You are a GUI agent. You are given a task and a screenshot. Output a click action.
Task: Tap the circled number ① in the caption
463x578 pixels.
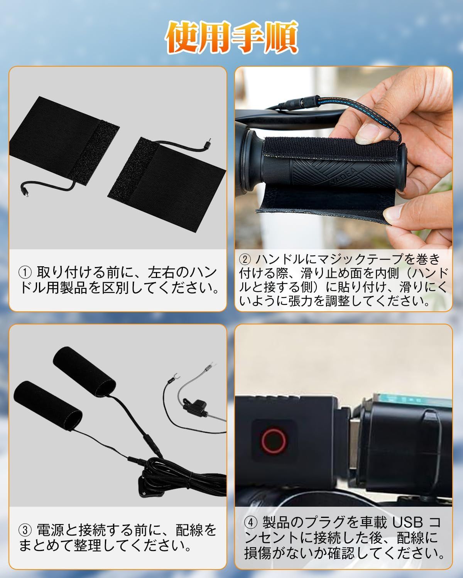(25, 272)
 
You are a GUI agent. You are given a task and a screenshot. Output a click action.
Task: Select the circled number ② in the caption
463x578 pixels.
(245, 259)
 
